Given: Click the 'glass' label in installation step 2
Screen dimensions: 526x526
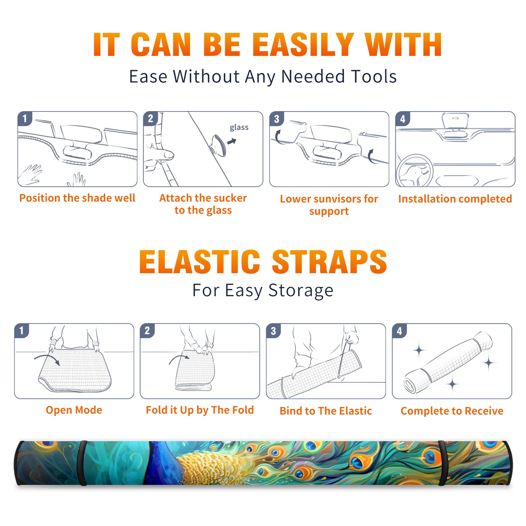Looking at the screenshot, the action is click(239, 128).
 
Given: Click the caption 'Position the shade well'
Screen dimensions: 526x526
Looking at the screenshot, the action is click(77, 198).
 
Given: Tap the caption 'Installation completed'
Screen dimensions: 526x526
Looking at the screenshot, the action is click(455, 199).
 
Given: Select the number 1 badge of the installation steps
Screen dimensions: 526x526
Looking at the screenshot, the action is click(25, 118).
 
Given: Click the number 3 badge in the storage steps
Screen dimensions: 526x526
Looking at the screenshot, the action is click(274, 331).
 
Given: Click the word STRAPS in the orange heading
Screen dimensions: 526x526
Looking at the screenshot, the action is click(329, 262).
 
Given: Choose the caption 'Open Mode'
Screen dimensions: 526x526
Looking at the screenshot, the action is click(74, 410).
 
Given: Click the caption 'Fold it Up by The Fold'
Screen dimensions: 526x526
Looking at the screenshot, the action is click(200, 410).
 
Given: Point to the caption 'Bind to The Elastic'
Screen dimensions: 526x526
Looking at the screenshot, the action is click(326, 411).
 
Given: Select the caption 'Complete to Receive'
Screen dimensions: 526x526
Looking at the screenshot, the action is click(452, 411).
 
